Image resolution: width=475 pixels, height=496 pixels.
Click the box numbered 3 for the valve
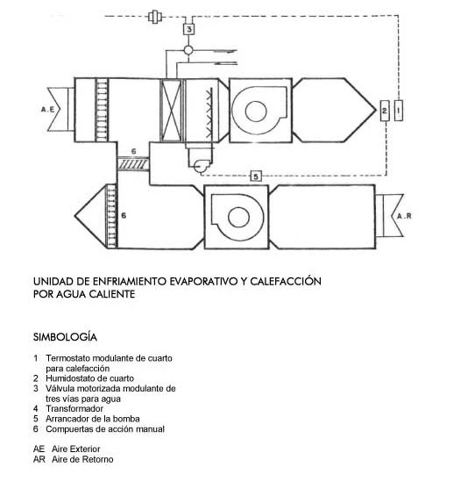188,29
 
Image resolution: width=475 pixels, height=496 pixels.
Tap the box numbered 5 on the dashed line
256,176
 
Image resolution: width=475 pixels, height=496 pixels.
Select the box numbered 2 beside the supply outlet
385,111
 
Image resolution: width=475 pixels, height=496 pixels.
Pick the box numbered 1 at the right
399,111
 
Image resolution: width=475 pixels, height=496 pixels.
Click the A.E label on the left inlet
47,110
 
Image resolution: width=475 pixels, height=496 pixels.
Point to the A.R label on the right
404,216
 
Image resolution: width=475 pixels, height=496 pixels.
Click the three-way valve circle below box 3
188,50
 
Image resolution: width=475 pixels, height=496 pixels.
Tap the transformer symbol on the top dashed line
155,17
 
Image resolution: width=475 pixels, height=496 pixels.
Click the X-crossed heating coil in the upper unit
171,110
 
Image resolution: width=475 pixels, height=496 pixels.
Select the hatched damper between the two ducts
133,164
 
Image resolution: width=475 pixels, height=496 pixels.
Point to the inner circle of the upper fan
256,111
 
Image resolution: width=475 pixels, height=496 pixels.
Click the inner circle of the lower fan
238,218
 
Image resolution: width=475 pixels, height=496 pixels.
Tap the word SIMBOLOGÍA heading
65,337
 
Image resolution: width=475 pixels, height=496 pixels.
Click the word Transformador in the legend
74,409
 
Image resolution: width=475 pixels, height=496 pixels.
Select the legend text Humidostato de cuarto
89,378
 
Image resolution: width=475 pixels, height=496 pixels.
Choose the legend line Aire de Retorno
82,459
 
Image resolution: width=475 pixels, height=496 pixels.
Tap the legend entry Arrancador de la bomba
93,419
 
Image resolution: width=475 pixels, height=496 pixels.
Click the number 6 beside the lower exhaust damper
124,215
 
